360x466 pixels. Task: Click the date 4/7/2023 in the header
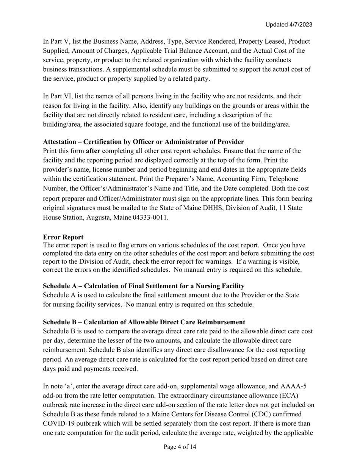coord(300,25)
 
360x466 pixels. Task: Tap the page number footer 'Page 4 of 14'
coord(180,447)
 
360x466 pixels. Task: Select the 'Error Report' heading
coord(63,237)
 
